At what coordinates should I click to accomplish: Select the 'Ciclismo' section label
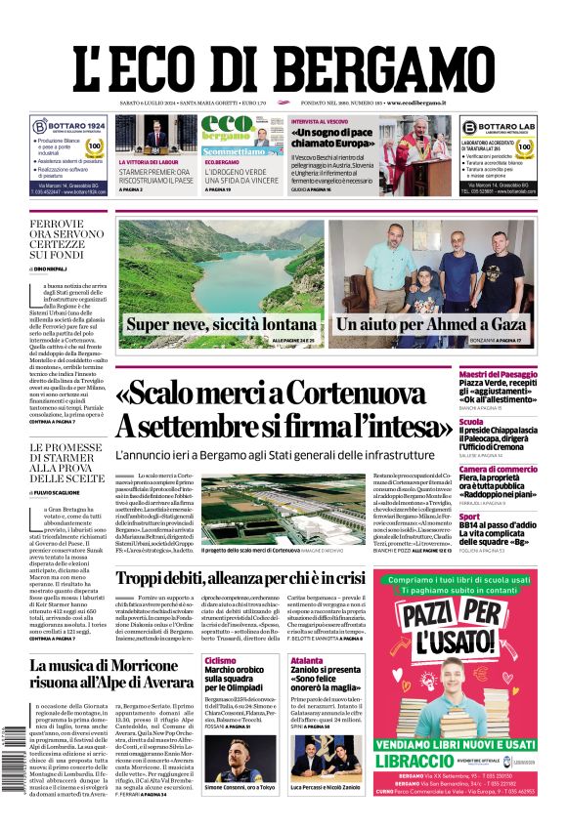[220, 661]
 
